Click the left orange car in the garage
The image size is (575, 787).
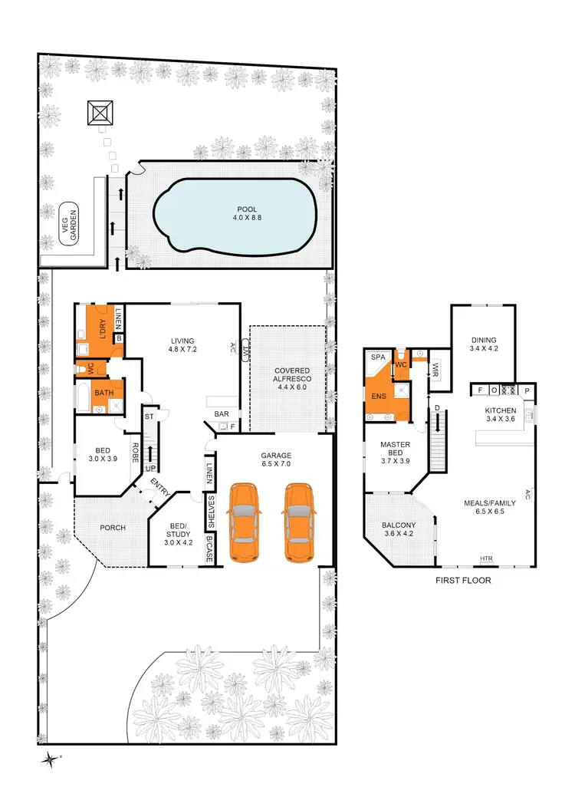pyautogui.click(x=245, y=522)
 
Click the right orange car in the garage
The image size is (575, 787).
pyautogui.click(x=300, y=522)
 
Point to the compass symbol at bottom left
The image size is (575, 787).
pyautogui.click(x=51, y=759)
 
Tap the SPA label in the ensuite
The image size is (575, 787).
pyautogui.click(x=377, y=358)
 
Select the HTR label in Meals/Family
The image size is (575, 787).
pyautogui.click(x=486, y=558)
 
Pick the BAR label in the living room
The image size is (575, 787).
pyautogui.click(x=222, y=414)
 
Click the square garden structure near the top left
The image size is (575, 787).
pyautogui.click(x=100, y=114)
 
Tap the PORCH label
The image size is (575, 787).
pyautogui.click(x=113, y=528)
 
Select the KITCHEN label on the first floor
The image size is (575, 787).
pyautogui.click(x=501, y=410)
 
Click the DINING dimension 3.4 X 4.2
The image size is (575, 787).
pyautogui.click(x=484, y=350)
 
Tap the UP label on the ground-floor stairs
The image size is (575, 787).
pyautogui.click(x=150, y=468)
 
